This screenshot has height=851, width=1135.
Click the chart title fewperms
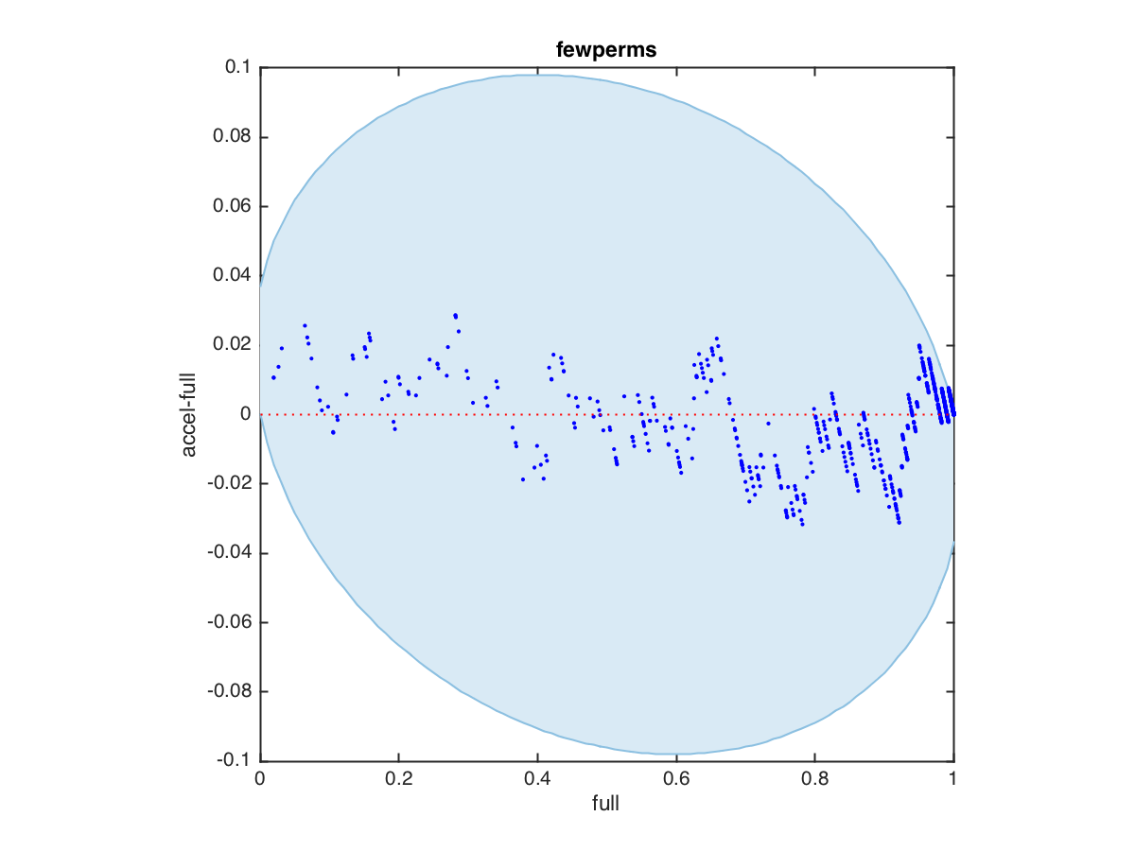(x=606, y=50)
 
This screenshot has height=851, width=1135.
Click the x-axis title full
(x=606, y=805)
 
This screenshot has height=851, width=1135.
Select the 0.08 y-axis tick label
(x=232, y=137)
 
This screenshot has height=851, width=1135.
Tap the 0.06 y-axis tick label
(x=232, y=206)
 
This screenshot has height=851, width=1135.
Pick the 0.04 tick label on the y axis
(x=232, y=276)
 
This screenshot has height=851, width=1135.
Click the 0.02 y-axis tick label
(x=232, y=345)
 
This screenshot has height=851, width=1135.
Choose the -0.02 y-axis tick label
(x=229, y=484)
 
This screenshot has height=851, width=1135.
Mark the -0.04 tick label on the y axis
(x=229, y=553)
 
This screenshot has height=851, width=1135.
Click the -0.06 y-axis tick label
(x=229, y=623)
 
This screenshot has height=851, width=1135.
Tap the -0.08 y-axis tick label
(x=229, y=692)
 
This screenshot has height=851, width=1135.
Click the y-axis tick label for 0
(x=245, y=414)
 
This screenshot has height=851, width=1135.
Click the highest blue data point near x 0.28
(x=455, y=315)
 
